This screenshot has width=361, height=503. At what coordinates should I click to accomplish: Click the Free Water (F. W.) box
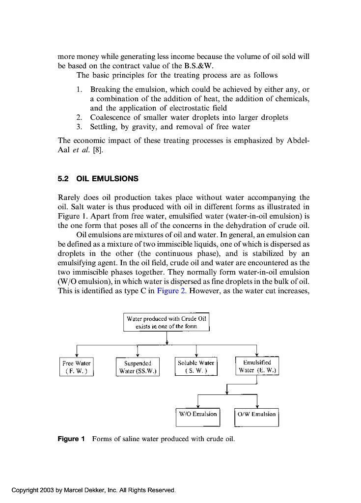coord(76,366)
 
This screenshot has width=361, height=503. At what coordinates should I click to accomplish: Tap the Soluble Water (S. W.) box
coord(196,366)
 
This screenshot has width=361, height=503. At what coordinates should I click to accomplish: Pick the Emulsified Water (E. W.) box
coord(257,366)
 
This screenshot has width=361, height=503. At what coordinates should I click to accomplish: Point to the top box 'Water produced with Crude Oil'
coord(167,322)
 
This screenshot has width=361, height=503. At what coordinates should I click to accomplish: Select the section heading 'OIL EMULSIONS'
coord(108,179)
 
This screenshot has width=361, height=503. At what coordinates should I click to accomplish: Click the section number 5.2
coord(64,179)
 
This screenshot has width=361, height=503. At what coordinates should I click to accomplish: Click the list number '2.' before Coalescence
coord(79,117)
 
